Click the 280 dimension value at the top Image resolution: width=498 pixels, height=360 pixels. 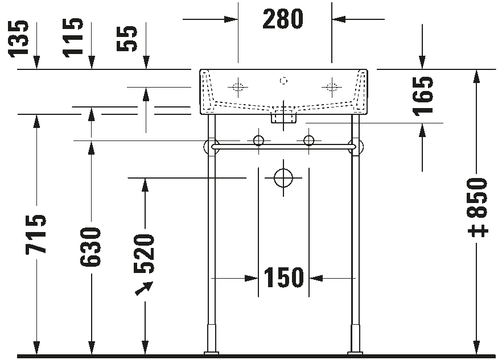click(x=283, y=19)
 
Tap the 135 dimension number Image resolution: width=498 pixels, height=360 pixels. click(x=19, y=39)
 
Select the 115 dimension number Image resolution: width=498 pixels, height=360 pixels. click(x=73, y=38)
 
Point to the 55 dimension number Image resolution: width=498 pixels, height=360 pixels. click(x=127, y=39)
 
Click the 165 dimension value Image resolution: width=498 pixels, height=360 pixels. click(x=423, y=97)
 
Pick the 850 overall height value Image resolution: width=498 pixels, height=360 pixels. click(x=478, y=198)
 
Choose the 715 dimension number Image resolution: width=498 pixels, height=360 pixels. click(x=35, y=234)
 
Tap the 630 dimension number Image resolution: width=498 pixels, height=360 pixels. click(x=90, y=247)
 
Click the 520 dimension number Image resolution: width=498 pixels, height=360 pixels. click(x=144, y=254)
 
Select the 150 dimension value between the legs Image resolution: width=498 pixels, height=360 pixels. click(x=283, y=278)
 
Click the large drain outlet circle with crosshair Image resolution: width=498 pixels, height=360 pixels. click(x=283, y=178)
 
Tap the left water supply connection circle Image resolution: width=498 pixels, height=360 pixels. click(x=258, y=140)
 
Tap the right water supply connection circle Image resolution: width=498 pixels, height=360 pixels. click(x=308, y=140)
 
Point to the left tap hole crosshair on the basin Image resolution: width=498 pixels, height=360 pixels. click(x=237, y=86)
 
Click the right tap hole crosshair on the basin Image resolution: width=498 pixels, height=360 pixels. click(x=332, y=86)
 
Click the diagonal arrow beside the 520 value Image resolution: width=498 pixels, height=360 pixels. click(x=144, y=288)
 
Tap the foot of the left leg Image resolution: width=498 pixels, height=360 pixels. click(x=212, y=353)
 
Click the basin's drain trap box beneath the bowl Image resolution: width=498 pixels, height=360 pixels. click(x=283, y=117)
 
